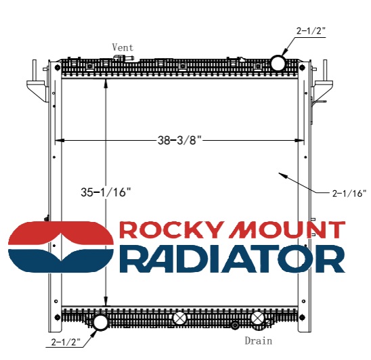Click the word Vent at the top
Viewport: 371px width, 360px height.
[123, 47]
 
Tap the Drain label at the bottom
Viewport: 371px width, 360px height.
[258, 341]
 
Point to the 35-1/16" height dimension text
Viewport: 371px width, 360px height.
[105, 192]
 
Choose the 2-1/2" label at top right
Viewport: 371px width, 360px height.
[311, 30]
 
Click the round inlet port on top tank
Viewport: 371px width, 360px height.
[278, 64]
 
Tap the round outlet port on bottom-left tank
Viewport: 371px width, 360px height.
[100, 321]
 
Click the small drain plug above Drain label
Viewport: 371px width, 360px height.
[235, 325]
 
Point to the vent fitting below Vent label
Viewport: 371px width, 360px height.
[123, 59]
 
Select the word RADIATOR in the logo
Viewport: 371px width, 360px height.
[232, 258]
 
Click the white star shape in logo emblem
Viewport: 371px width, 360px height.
[61, 246]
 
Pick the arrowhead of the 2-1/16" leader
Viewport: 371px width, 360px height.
[280, 175]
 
